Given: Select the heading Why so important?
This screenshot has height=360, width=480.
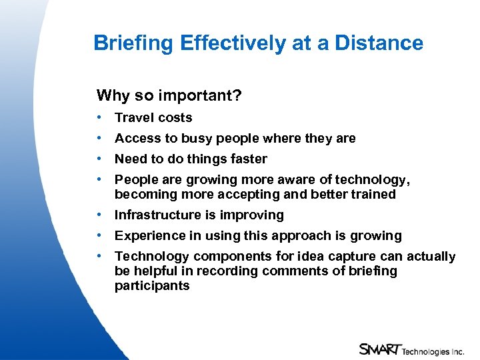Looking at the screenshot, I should [x=169, y=96].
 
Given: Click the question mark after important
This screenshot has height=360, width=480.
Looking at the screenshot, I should [x=238, y=96].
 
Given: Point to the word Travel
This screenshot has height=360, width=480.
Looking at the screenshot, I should [x=133, y=118].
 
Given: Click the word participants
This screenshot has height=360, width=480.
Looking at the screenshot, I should [x=152, y=286].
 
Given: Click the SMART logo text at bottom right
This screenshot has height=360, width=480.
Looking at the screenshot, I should [x=380, y=349].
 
